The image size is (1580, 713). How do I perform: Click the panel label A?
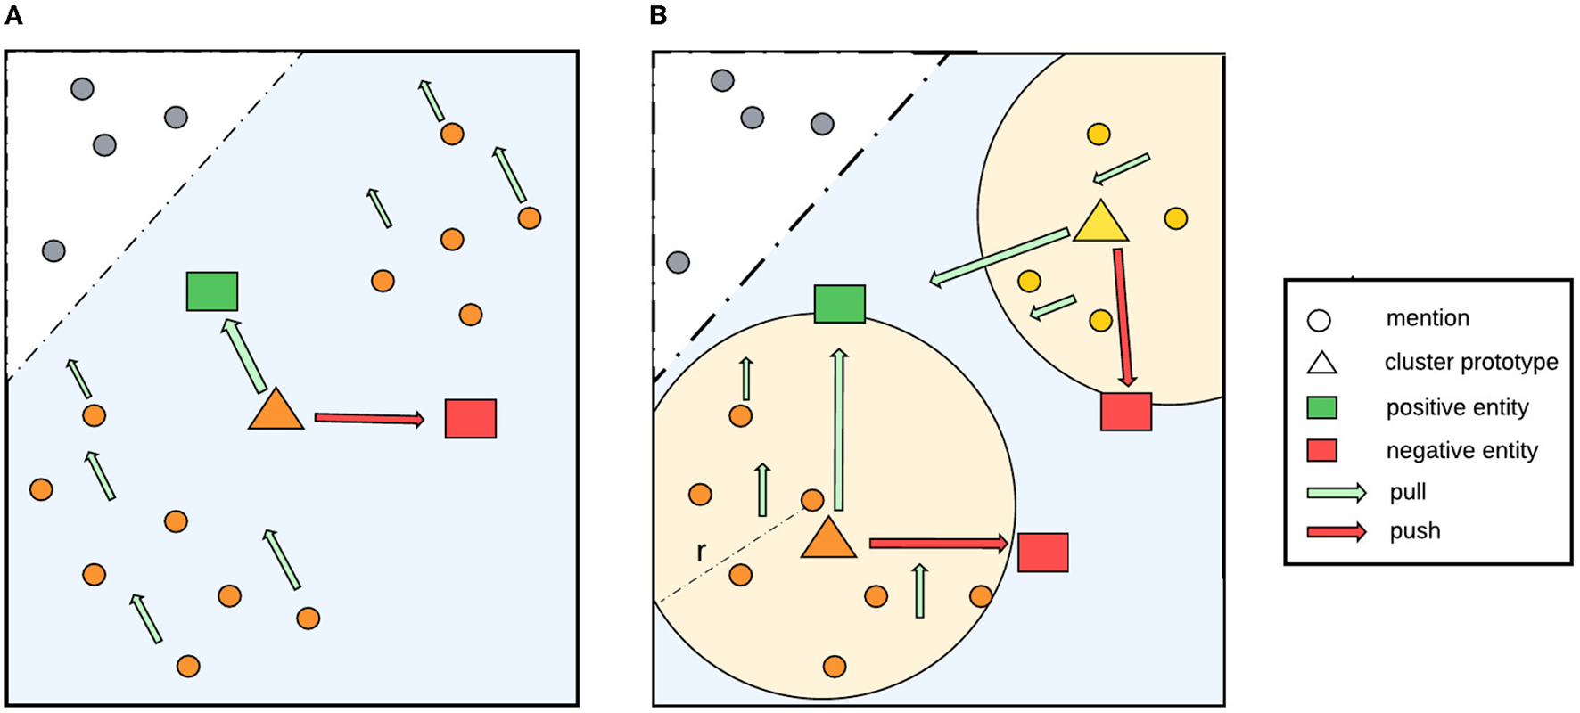[13, 16]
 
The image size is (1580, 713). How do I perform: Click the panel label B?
[659, 16]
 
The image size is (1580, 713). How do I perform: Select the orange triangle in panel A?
[276, 412]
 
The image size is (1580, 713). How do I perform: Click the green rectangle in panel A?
[212, 291]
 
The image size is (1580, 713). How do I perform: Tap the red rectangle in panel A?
[471, 419]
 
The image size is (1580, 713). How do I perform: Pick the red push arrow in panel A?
[369, 418]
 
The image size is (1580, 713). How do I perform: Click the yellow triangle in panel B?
[1100, 223]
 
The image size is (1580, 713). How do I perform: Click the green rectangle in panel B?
[840, 304]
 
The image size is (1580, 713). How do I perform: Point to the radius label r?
[701, 553]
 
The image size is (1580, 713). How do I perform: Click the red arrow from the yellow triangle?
[1123, 317]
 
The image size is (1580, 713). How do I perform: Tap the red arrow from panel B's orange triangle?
[938, 543]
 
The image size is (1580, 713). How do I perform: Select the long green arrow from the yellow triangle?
[999, 258]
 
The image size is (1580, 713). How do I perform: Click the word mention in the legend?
[1428, 318]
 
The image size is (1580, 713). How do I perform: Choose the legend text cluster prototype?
[1471, 362]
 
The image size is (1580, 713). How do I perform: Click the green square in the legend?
[1321, 407]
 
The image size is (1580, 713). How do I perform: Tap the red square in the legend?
[1321, 450]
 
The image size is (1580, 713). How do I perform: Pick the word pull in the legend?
[1408, 492]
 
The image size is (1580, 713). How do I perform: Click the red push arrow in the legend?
[1336, 532]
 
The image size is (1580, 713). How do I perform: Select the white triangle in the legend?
[1321, 363]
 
